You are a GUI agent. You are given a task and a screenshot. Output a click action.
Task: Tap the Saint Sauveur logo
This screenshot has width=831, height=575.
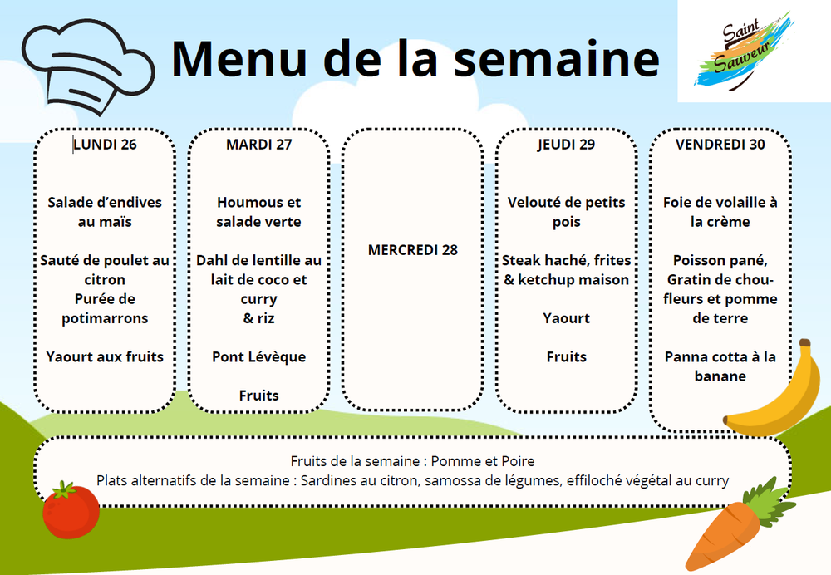coord(745,52)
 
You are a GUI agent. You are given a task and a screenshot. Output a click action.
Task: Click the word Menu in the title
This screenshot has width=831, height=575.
coord(239,58)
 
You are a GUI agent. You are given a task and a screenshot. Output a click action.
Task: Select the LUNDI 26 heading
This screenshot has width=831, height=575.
coord(105,144)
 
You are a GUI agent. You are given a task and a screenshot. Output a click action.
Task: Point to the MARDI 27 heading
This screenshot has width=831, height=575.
coord(258,144)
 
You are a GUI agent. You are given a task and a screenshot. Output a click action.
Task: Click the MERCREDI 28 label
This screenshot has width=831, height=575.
coord(413,250)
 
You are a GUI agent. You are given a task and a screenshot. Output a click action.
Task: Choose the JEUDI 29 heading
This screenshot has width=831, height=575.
coord(566,144)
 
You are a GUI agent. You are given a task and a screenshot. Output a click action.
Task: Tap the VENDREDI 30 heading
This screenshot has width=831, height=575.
coord(720,144)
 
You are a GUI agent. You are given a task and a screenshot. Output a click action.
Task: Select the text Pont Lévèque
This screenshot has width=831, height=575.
coord(258,356)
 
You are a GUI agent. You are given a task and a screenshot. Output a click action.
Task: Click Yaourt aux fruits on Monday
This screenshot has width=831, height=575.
coord(105,356)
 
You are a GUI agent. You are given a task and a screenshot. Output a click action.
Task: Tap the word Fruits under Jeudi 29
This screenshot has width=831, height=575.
coord(566,356)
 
